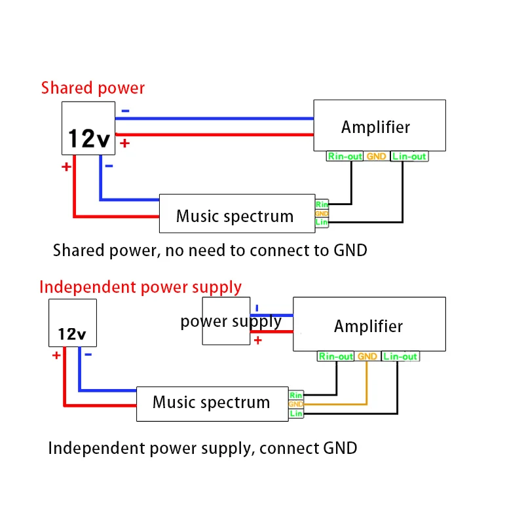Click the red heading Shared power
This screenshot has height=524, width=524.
93,88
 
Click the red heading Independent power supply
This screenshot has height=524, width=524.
140,288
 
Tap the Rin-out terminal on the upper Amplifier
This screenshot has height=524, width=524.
345,156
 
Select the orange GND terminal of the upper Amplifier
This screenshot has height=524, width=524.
376,156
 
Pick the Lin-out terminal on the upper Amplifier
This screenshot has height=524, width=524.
409,156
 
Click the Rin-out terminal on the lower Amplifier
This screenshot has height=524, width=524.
335,356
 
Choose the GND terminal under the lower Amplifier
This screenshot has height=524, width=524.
367,356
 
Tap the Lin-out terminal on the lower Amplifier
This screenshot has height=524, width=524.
400,356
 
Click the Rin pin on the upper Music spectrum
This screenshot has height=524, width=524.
322,204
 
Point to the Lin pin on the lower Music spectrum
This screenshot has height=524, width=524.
296,413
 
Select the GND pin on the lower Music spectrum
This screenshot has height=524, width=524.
296,404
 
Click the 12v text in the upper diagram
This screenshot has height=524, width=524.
89,138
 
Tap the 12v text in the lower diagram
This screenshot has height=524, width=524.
72,334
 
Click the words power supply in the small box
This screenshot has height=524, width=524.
231,322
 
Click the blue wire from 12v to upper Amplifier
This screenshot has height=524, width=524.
214,119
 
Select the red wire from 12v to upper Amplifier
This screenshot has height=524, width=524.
214,135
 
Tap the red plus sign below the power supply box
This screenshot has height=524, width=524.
257,341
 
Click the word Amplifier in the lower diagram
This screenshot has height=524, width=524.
368,326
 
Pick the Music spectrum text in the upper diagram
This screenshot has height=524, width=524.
234,216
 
